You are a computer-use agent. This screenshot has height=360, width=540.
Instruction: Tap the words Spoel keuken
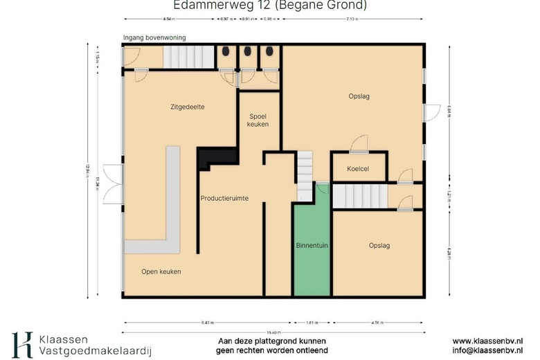click(x=258, y=119)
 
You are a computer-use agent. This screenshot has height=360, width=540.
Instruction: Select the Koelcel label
click(x=358, y=168)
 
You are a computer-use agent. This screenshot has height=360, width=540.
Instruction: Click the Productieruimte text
click(x=224, y=199)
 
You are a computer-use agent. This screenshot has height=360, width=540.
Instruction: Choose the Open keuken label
click(x=161, y=271)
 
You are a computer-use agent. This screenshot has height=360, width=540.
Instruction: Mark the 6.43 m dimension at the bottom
click(x=207, y=323)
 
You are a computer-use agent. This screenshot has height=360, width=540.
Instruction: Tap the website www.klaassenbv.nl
click(x=487, y=341)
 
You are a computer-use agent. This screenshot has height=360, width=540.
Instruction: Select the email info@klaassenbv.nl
click(x=487, y=351)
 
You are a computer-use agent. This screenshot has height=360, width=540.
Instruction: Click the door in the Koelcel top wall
click(x=359, y=145)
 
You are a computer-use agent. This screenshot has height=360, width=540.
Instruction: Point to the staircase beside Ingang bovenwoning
click(x=188, y=57)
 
